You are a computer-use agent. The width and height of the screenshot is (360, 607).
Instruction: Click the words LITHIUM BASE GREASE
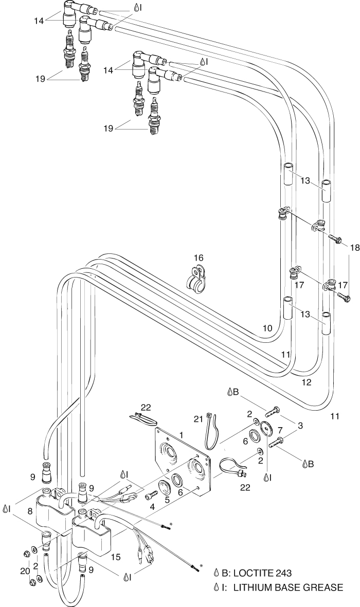click(x=288, y=587)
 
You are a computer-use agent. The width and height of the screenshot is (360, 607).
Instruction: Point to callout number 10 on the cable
click(x=266, y=327)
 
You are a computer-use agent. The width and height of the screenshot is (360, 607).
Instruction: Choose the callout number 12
click(x=307, y=382)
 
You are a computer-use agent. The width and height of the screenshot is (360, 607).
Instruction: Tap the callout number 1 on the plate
click(x=181, y=435)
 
